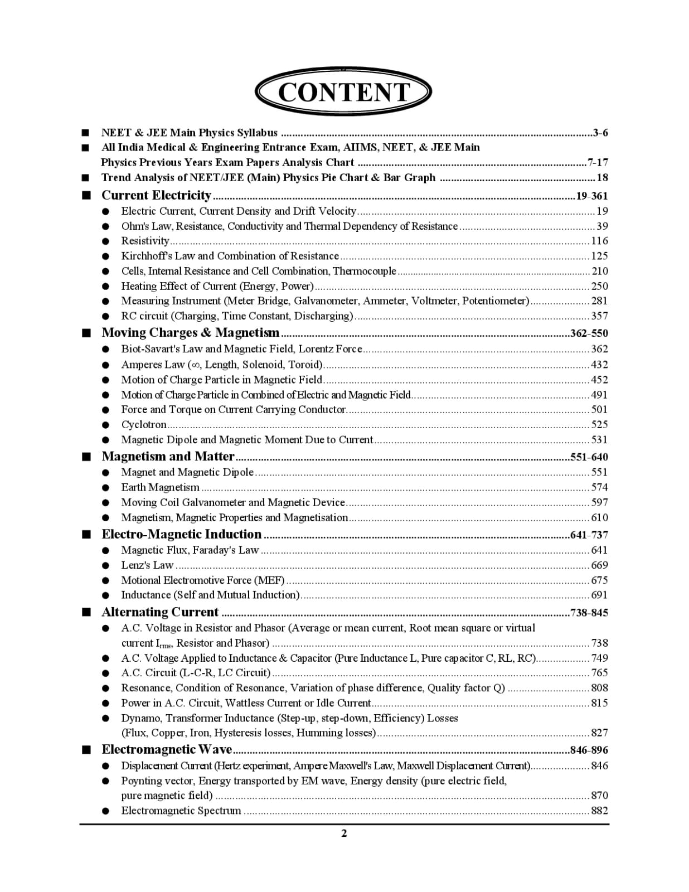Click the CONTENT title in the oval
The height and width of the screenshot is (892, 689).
343,92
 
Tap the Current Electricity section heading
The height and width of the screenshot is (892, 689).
156,195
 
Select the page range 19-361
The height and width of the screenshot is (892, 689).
591,196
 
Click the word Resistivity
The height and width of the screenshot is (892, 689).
145,241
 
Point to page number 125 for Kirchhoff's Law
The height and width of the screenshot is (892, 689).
599,256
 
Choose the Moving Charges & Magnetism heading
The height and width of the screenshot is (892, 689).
190,333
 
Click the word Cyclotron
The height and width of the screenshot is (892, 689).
144,424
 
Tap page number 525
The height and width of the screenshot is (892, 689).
599,424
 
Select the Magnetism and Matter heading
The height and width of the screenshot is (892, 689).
168,457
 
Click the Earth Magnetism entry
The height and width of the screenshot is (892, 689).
160,487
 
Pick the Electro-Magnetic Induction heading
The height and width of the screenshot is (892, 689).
181,534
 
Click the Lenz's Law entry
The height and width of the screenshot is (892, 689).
147,565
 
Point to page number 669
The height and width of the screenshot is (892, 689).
599,565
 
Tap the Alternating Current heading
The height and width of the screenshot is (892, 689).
160,612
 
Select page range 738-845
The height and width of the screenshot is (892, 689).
589,613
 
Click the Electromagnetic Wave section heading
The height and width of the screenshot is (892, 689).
167,749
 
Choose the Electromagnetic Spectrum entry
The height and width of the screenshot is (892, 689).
181,811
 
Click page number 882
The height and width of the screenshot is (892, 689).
599,811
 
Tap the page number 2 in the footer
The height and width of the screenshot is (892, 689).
344,833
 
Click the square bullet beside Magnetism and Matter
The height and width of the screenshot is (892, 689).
86,457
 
